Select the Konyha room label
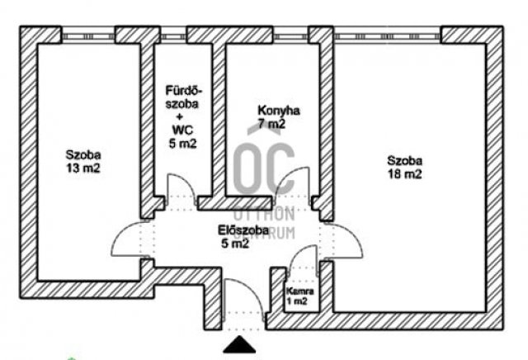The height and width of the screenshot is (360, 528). [279, 111]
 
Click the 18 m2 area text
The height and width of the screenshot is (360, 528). [405, 174]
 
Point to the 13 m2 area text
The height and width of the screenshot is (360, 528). [83, 168]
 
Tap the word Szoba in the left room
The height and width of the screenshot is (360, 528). [83, 154]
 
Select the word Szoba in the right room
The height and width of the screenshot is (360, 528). [405, 161]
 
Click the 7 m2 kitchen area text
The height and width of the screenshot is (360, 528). [271, 124]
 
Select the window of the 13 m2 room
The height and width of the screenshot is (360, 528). [87, 35]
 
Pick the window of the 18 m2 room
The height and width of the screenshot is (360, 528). [388, 35]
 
